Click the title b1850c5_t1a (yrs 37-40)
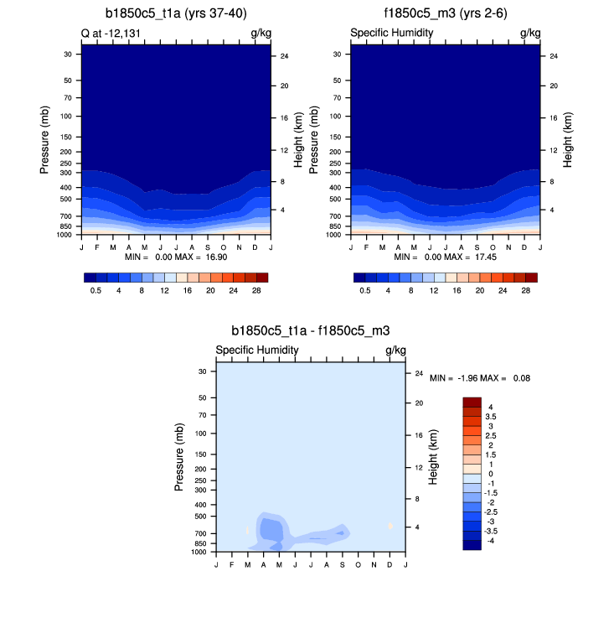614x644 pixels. tap(176, 13)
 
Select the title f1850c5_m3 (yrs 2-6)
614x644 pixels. tap(445, 13)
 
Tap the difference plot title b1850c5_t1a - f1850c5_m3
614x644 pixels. tap(311, 331)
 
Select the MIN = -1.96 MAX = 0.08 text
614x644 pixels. tap(480, 378)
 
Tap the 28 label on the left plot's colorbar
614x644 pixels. tap(256, 290)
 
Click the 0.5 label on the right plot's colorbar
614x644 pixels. tap(364, 290)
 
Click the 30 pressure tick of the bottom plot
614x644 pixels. tap(202, 371)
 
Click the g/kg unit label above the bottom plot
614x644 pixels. tap(395, 350)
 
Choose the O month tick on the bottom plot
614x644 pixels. tap(358, 560)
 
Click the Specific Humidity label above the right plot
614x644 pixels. tap(391, 33)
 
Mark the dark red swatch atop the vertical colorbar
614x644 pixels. tap(472, 402)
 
